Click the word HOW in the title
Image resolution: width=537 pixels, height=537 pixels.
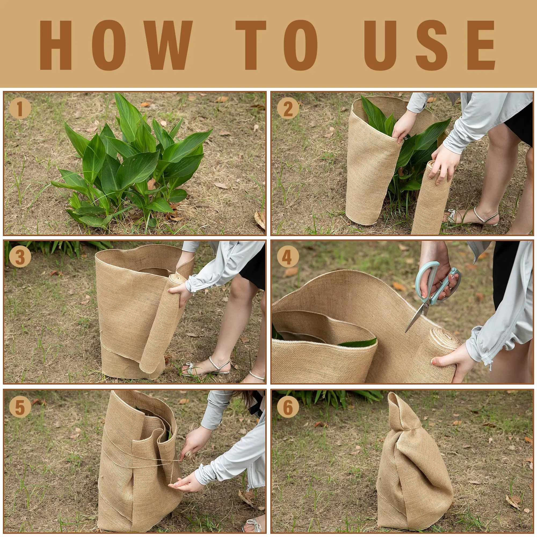point(116,45)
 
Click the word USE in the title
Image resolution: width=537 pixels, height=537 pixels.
point(429,45)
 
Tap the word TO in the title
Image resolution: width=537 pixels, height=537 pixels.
point(277,45)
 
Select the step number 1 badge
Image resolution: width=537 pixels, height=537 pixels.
point(20,109)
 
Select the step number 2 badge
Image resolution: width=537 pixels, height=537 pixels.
point(288,109)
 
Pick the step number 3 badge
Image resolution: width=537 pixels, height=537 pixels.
point(20,257)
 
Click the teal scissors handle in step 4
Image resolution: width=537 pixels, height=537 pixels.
point(429,281)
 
